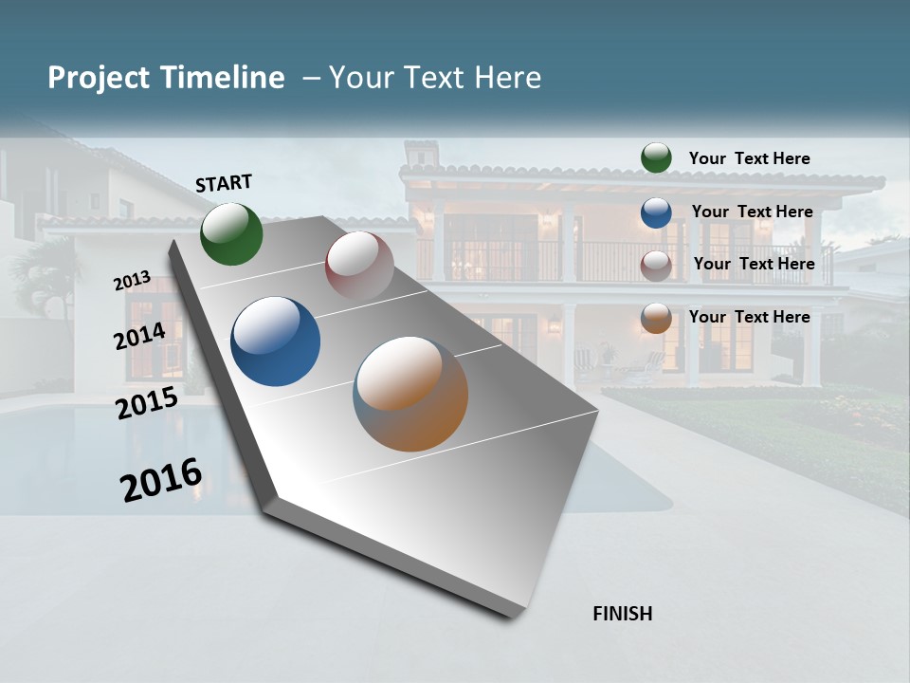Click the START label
pyautogui.click(x=224, y=182)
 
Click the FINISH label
pyautogui.click(x=622, y=614)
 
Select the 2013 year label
pyautogui.click(x=132, y=280)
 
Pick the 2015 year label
pyautogui.click(x=146, y=403)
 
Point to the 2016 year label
pyautogui.click(x=161, y=480)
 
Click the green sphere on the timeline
pyautogui.click(x=231, y=233)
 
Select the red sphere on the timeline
pyautogui.click(x=359, y=265)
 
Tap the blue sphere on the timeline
pyautogui.click(x=275, y=341)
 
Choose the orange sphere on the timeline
pyautogui.click(x=410, y=394)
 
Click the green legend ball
pyautogui.click(x=656, y=158)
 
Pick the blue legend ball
pyautogui.click(x=656, y=212)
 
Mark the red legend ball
pyautogui.click(x=656, y=266)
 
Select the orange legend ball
pyautogui.click(x=656, y=318)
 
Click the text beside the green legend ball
pyautogui.click(x=749, y=158)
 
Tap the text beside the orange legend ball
pyautogui.click(x=749, y=317)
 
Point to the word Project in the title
pyautogui.click(x=98, y=78)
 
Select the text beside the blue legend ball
pyautogui.click(x=752, y=212)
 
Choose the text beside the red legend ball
pyautogui.click(x=754, y=264)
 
